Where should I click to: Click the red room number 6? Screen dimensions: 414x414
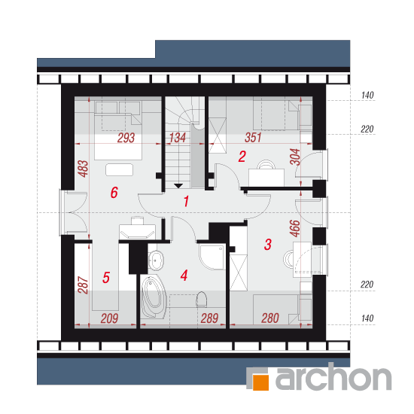click(x=114, y=192)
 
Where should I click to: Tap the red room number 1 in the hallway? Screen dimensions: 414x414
click(x=186, y=201)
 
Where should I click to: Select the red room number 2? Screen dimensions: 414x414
click(x=242, y=157)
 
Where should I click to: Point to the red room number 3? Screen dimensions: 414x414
click(x=268, y=245)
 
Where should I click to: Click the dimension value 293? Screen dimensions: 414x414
click(x=126, y=138)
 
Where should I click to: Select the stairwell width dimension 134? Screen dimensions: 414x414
click(x=177, y=138)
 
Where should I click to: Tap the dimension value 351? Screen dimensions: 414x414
click(x=253, y=138)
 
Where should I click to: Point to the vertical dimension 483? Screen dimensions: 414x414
click(x=83, y=169)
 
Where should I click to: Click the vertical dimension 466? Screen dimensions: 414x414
click(x=295, y=228)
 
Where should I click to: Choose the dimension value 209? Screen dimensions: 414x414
click(x=109, y=318)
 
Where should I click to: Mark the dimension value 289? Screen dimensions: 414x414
click(x=209, y=318)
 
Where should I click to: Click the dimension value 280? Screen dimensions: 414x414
click(x=270, y=318)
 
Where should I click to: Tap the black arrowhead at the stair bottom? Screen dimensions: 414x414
click(x=178, y=186)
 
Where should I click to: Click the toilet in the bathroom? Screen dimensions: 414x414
click(x=201, y=300)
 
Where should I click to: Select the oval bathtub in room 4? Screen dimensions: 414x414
click(x=154, y=297)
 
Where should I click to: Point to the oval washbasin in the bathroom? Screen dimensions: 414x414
click(x=156, y=260)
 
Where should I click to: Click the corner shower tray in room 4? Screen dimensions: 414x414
click(x=212, y=257)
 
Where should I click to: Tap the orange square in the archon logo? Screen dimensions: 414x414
click(x=260, y=382)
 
